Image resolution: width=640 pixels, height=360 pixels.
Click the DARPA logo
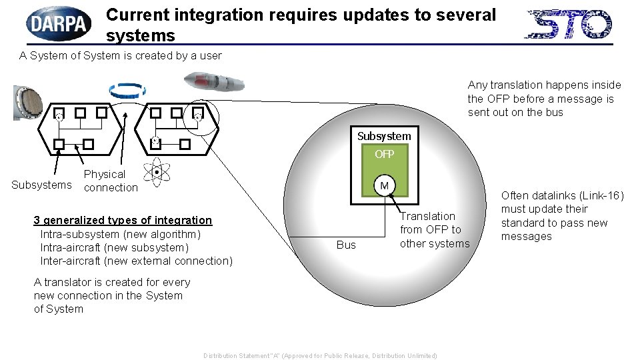59,24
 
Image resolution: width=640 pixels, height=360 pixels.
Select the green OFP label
384,154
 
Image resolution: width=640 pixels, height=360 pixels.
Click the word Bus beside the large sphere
346,245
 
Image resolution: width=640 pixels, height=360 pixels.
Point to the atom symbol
157,173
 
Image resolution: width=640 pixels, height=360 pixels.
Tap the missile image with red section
214,82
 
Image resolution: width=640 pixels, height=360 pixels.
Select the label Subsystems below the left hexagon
41,185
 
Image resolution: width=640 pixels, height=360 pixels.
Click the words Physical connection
110,181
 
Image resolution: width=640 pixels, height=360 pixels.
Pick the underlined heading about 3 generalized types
123,220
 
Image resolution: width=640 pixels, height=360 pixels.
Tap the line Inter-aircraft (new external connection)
136,261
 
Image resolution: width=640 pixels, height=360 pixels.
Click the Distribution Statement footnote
320,355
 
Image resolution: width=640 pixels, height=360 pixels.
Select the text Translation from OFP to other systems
434,229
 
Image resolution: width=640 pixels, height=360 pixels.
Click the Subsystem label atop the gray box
384,136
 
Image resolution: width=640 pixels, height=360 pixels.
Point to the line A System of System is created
121,55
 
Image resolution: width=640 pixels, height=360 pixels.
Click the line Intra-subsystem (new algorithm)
120,234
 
